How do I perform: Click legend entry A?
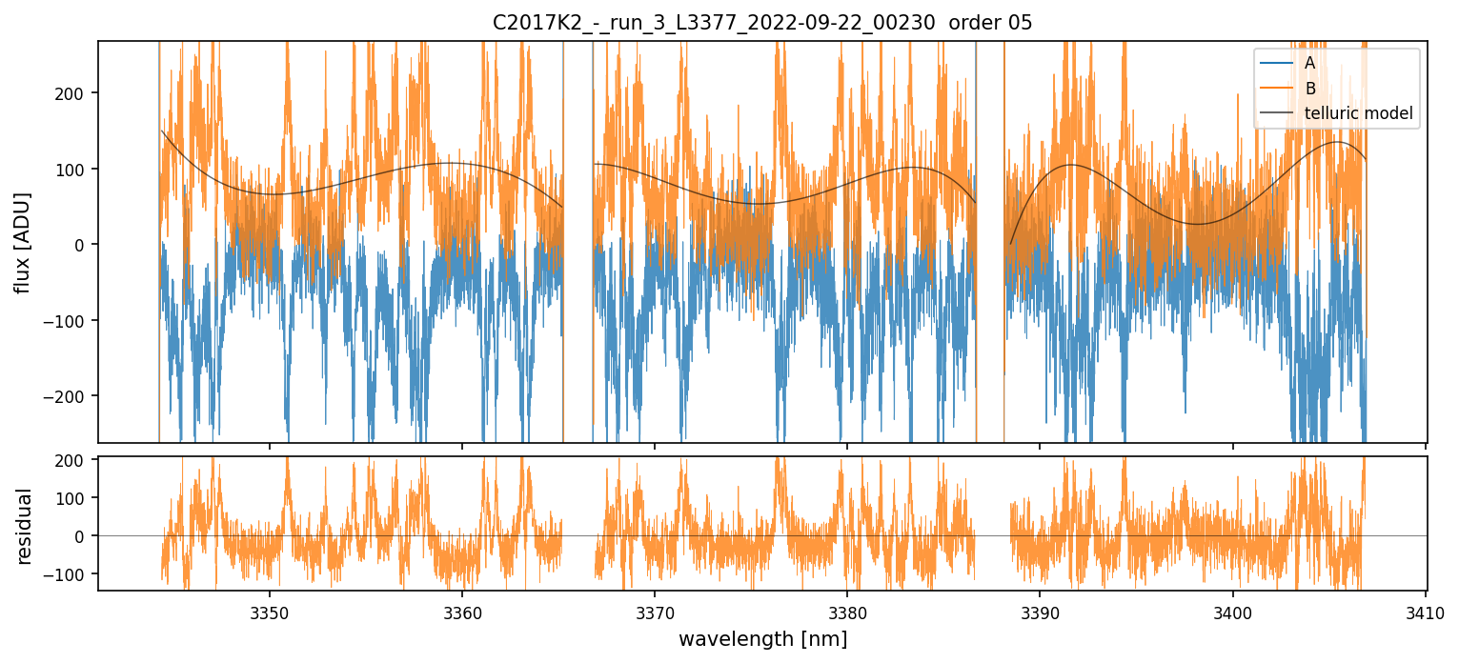(1309, 63)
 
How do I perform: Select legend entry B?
(1310, 89)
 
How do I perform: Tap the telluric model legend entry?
(1358, 114)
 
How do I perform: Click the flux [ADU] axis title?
(23, 242)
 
